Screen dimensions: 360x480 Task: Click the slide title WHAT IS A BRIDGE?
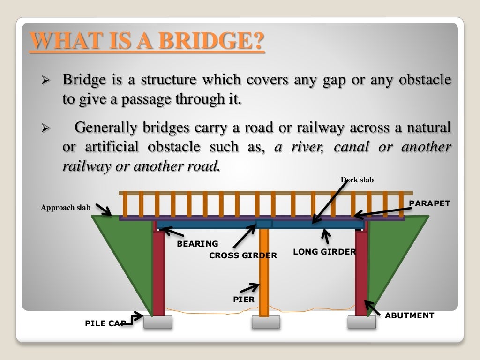pyautogui.click(x=147, y=41)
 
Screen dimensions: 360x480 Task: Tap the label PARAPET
pyautogui.click(x=429, y=203)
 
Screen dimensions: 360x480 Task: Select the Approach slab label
pyautogui.click(x=66, y=208)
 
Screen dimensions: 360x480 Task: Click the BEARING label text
pyautogui.click(x=197, y=244)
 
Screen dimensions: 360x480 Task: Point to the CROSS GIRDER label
pyautogui.click(x=243, y=255)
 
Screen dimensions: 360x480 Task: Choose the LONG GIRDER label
pyautogui.click(x=324, y=252)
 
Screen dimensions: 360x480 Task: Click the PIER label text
pyautogui.click(x=244, y=299)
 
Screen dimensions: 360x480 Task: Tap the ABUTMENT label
pyautogui.click(x=409, y=315)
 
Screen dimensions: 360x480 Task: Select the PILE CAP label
pyautogui.click(x=104, y=323)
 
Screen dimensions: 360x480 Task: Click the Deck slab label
pyautogui.click(x=357, y=180)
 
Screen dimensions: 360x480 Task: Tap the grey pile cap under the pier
pyautogui.click(x=266, y=322)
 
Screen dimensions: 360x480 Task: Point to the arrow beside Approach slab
pyautogui.click(x=104, y=210)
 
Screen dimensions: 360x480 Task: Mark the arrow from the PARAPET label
pyautogui.click(x=380, y=212)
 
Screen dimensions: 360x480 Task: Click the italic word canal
pyautogui.click(x=352, y=147)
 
